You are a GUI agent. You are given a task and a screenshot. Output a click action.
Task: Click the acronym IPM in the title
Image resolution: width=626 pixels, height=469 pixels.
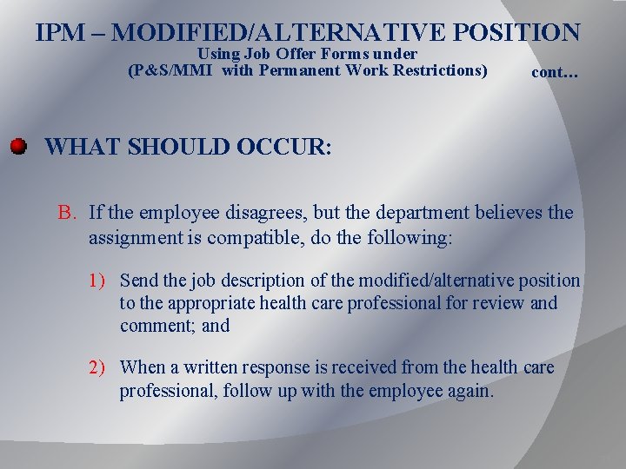click(x=62, y=33)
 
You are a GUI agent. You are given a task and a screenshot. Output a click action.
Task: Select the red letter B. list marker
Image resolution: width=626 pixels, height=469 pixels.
click(x=68, y=213)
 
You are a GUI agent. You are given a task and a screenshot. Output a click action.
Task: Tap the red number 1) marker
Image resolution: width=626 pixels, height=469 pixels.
click(x=97, y=281)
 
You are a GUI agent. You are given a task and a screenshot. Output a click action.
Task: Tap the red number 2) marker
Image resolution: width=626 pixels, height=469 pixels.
click(x=97, y=367)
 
